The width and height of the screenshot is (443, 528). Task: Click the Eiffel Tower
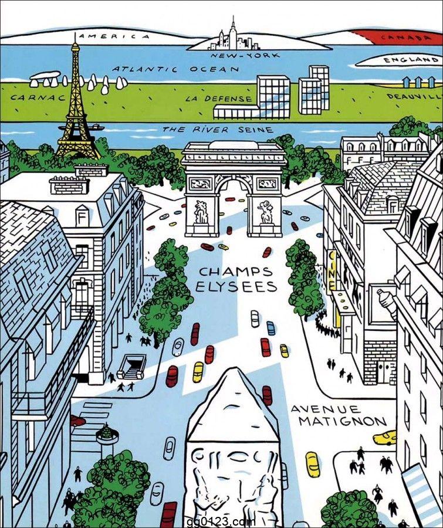coord(76,106)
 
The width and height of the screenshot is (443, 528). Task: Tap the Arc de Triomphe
coord(234,188)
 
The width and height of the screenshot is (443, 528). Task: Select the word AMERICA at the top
coord(114,36)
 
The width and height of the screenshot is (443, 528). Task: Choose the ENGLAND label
coord(410,60)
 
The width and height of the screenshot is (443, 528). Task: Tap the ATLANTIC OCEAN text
coord(176,69)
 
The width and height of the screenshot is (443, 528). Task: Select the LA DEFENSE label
coord(219,99)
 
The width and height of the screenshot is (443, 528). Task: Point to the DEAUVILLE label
coord(414,95)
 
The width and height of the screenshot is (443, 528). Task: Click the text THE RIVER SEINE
coord(218,129)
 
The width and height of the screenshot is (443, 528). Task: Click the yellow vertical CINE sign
coord(332,270)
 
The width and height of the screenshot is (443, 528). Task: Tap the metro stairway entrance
coord(131,367)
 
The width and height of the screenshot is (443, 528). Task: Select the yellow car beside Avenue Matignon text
coord(385,437)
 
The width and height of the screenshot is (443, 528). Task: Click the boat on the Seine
coord(97,127)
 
